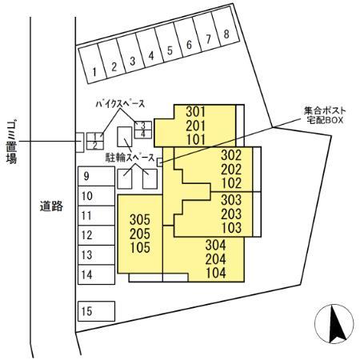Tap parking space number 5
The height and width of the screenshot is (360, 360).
[x=169, y=43]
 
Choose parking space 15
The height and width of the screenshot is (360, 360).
[x=96, y=311]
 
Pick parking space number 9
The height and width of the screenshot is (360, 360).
[x=96, y=176]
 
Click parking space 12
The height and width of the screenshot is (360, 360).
[x=96, y=235]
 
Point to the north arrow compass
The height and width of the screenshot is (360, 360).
[x=334, y=324]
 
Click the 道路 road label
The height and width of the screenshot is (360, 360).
[x=51, y=206]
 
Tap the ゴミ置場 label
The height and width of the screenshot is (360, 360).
[x=11, y=142]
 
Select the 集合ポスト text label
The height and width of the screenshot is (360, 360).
[x=325, y=110]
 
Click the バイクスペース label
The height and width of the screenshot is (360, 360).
[x=120, y=103]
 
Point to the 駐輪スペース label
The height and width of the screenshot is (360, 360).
[x=130, y=158]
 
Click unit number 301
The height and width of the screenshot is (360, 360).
[x=196, y=111]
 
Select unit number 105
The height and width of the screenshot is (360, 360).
[x=140, y=247]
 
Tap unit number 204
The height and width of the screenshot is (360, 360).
[x=215, y=259]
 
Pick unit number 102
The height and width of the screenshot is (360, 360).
[x=231, y=183]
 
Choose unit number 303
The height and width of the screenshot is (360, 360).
[x=231, y=200]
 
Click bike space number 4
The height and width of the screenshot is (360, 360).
[x=143, y=134]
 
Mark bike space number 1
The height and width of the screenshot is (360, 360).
[x=95, y=137]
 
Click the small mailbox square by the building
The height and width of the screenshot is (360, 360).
[x=160, y=162]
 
